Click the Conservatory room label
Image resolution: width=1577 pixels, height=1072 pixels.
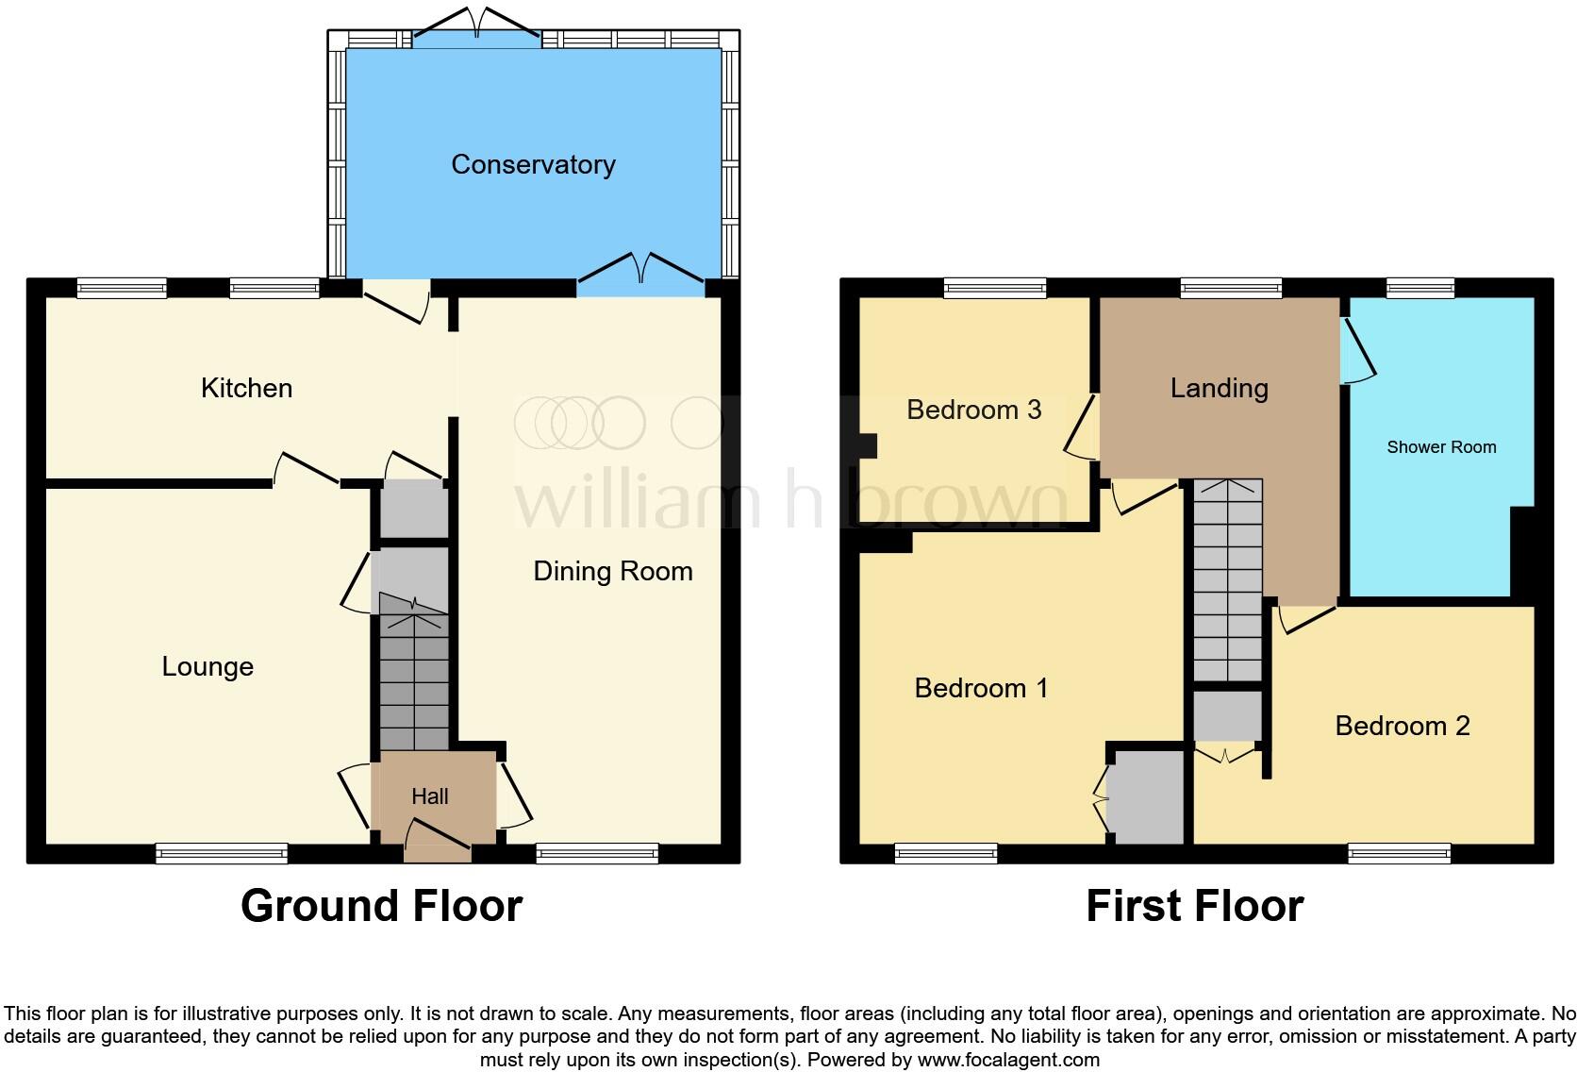coord(533,164)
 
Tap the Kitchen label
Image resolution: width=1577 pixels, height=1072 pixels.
coord(246,388)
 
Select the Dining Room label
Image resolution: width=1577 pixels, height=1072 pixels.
coord(613,571)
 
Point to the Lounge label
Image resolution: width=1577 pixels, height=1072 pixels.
coord(207,666)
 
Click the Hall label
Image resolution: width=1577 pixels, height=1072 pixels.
coord(430,796)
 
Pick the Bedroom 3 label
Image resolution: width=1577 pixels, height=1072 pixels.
coord(973,410)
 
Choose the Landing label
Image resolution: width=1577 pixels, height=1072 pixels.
coord(1219,388)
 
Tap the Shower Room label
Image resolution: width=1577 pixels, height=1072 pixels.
coord(1441,447)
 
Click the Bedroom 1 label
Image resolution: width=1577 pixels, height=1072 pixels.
coord(981,688)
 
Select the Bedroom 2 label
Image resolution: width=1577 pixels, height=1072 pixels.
coord(1403,726)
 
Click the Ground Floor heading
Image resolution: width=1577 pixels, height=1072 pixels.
coord(381,906)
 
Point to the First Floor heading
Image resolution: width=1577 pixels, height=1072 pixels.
coord(1194,906)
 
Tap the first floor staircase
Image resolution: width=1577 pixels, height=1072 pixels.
coord(1227,580)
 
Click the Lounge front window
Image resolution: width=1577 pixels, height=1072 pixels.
coord(222,853)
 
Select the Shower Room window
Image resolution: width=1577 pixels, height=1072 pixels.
coord(1420,288)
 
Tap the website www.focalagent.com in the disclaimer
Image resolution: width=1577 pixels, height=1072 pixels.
coord(1008,1060)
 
